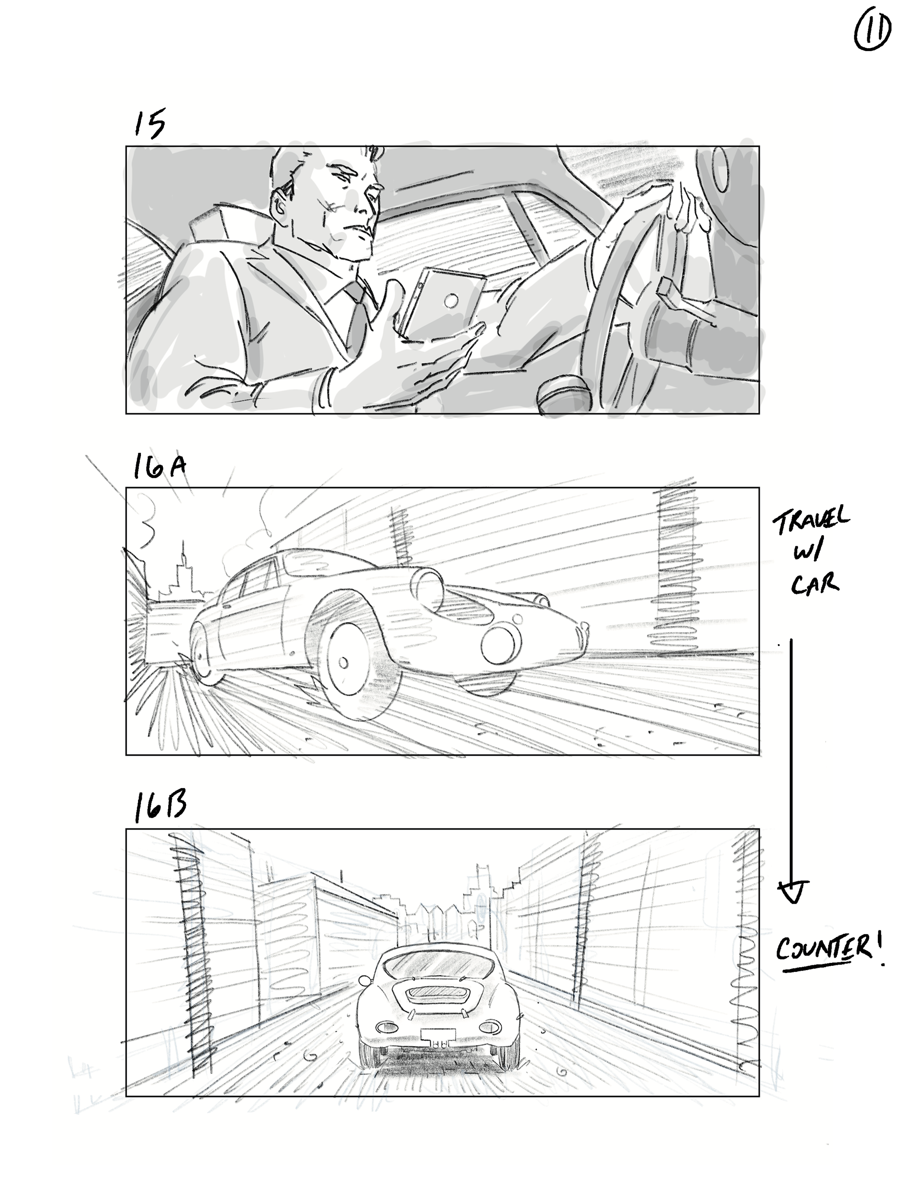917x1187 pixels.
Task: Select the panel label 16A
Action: [x=160, y=468]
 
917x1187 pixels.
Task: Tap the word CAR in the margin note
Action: [x=814, y=584]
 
